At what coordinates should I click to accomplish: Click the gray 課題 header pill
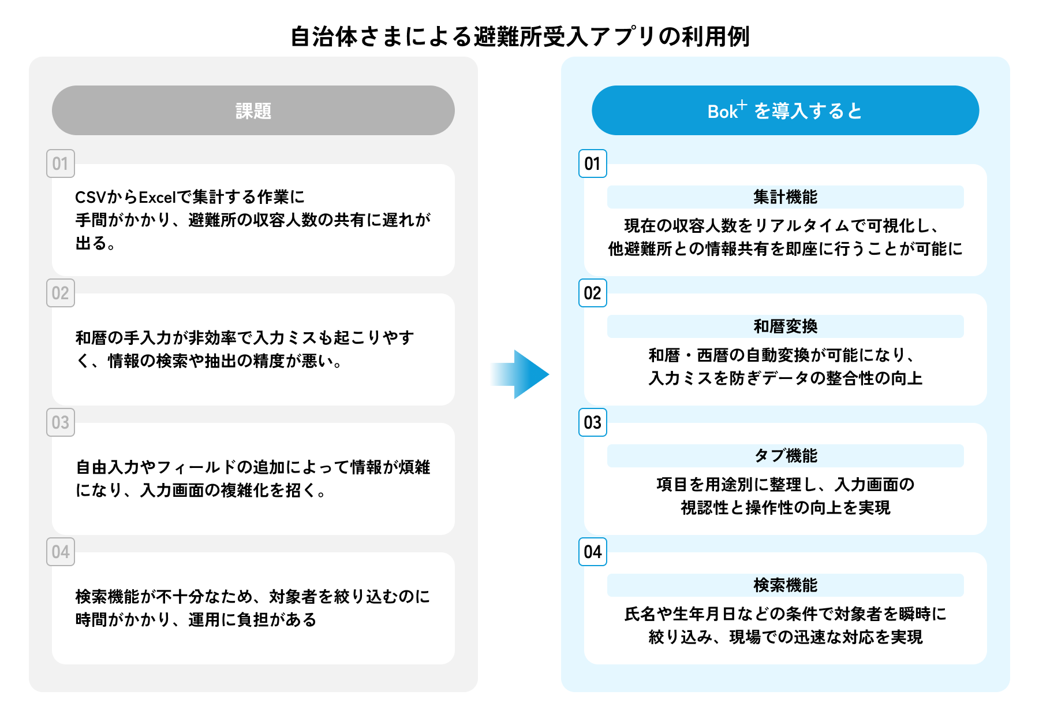click(x=253, y=110)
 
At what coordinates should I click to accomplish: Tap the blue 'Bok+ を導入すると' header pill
click(x=785, y=110)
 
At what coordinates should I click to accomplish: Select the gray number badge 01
click(x=61, y=163)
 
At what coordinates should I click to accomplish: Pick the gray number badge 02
click(x=61, y=293)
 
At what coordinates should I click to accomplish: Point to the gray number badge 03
click(x=61, y=422)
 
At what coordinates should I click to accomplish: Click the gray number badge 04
click(x=61, y=552)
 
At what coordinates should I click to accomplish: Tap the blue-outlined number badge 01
click(x=593, y=163)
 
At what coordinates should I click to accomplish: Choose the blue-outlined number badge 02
click(x=593, y=293)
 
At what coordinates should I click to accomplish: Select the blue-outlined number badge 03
click(x=593, y=422)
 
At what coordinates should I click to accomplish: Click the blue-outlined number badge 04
click(x=593, y=552)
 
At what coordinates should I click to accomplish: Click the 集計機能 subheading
click(x=785, y=197)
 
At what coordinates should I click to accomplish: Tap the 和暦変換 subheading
click(x=785, y=326)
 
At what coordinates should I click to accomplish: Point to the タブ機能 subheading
click(x=785, y=456)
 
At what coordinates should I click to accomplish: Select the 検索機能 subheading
click(x=785, y=585)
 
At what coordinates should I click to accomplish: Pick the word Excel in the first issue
click(x=156, y=198)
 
